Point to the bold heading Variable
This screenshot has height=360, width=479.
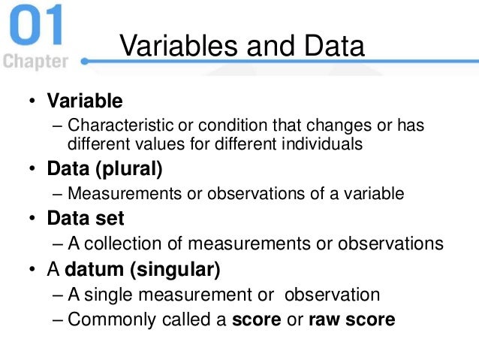click(84, 99)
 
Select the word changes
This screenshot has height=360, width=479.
click(330, 125)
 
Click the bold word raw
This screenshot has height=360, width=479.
click(322, 319)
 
